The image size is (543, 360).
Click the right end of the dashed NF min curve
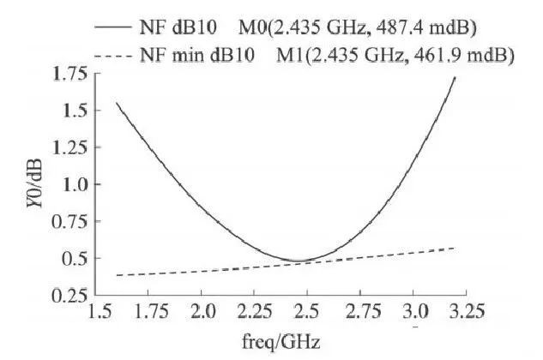tap(455, 248)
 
